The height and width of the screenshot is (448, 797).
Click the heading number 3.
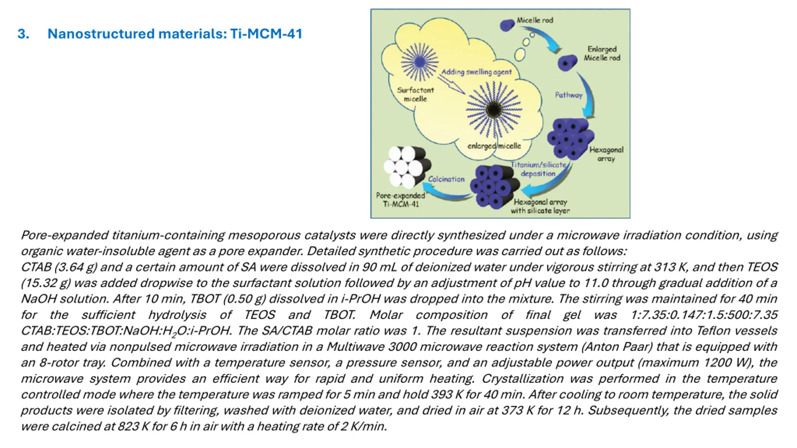tap(23, 34)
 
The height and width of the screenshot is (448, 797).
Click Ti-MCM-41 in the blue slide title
tap(266, 34)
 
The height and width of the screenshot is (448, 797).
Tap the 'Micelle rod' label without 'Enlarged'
tap(535, 20)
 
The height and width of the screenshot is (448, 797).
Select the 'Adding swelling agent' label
tap(476, 72)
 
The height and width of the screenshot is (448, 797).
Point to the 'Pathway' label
tap(568, 95)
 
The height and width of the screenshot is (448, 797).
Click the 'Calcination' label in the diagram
tap(446, 179)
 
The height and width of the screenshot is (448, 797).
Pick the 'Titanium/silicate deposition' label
tap(538, 169)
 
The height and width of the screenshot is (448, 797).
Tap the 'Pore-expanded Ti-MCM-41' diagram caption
tap(400, 200)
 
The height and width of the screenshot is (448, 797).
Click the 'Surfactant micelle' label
tap(415, 94)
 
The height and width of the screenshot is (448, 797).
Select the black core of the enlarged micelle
tap(494, 109)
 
